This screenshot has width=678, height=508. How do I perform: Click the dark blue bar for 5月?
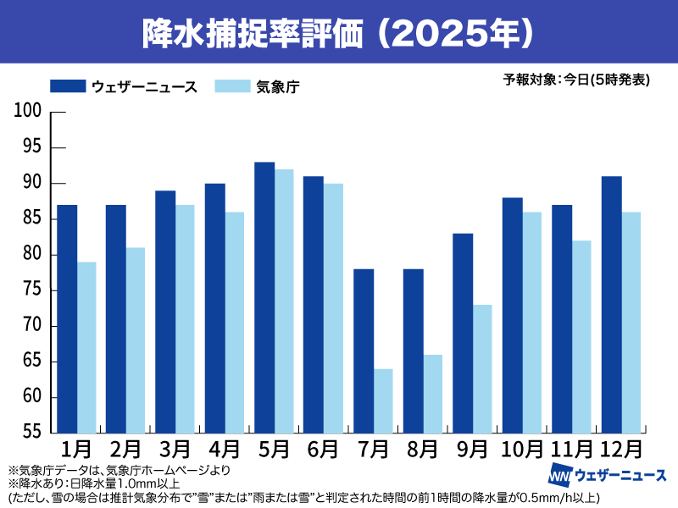264,297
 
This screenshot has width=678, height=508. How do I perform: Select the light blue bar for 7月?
383,400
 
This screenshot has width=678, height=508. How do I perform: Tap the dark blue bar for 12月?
611,304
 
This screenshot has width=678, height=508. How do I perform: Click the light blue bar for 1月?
86,347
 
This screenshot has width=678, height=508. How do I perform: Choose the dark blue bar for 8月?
413,351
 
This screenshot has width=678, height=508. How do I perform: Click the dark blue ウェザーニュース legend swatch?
68,86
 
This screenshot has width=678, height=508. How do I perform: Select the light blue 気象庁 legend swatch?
233,86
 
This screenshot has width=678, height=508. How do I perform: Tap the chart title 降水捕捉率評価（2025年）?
339,31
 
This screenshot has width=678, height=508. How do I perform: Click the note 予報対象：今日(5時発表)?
576,80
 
